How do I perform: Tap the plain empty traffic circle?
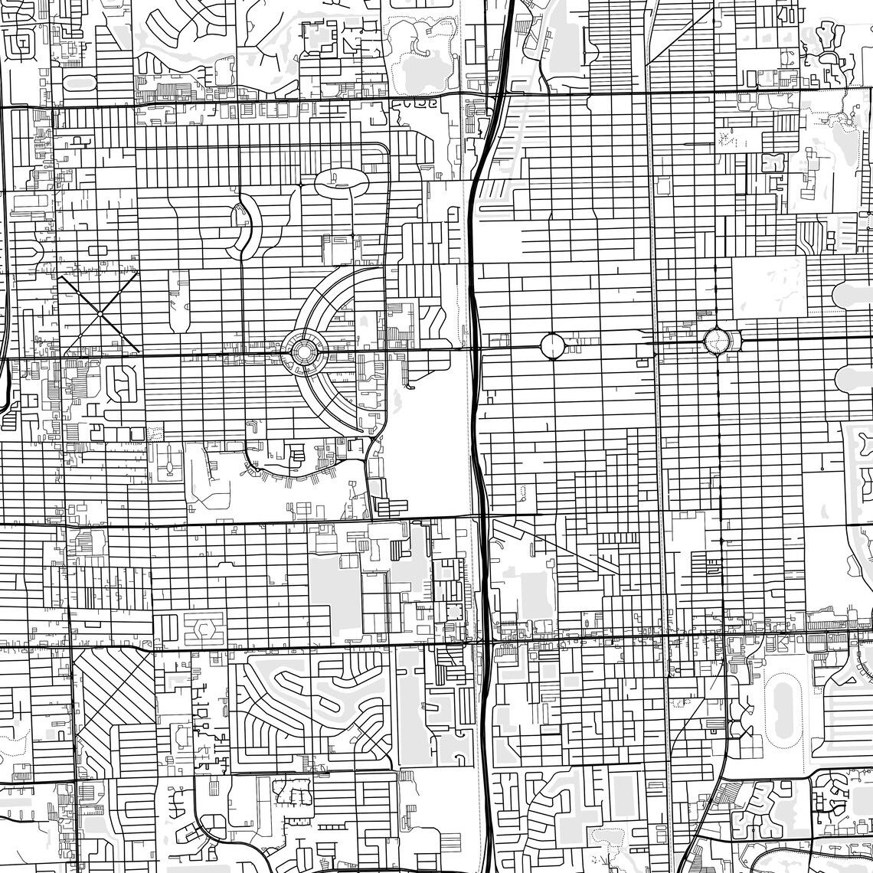point(552,346)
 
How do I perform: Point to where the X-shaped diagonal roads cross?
point(100,313)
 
